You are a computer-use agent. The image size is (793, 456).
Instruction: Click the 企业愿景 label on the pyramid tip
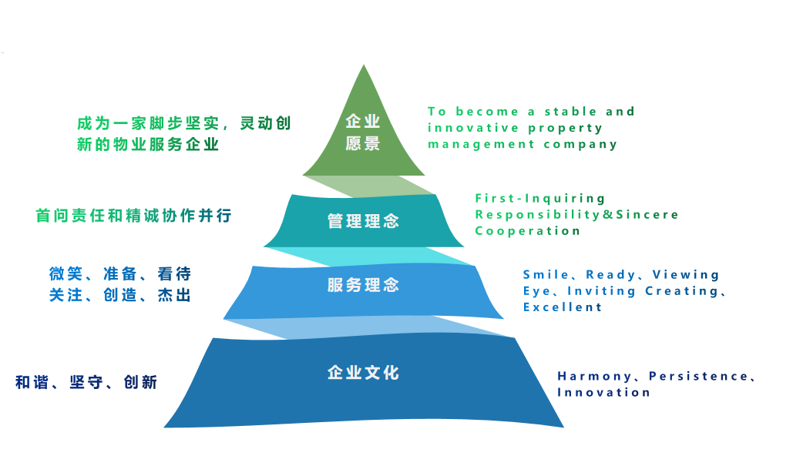(363, 132)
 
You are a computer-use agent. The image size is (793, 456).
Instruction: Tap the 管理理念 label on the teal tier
(363, 221)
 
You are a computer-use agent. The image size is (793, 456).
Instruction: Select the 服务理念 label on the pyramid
(363, 285)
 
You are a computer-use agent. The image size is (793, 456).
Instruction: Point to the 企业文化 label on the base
(363, 373)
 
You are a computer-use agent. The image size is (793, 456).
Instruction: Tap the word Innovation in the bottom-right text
(603, 392)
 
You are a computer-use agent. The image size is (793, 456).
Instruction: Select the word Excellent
(563, 307)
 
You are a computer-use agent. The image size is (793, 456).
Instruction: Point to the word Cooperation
(527, 230)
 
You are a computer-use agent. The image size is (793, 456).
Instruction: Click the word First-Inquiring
(540, 198)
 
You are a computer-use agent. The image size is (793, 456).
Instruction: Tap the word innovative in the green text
(472, 127)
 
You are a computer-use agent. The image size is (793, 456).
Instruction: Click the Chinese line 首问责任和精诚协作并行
(133, 216)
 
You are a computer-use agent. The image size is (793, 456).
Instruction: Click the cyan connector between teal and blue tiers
(370, 255)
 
